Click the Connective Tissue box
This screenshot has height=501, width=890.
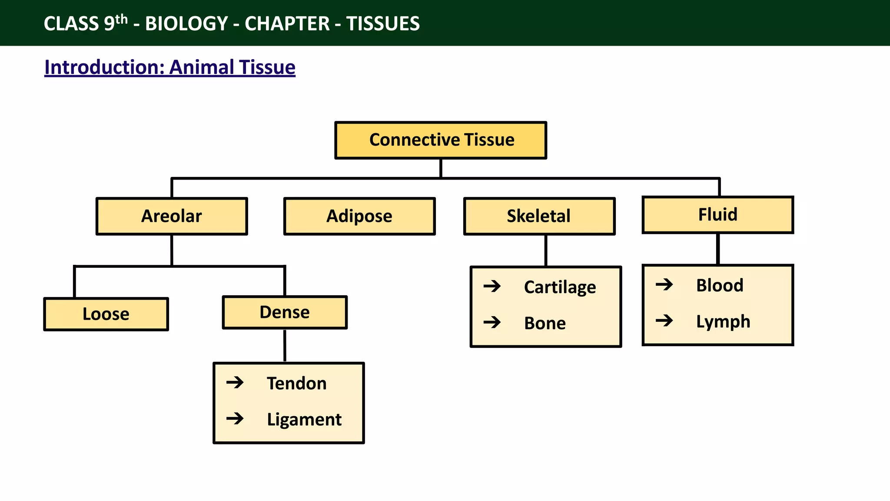[441, 140]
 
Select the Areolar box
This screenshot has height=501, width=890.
[172, 216]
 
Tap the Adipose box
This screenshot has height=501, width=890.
[359, 216]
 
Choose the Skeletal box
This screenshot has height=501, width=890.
[539, 216]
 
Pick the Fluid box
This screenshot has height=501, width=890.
[718, 215]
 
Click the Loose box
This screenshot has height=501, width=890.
[106, 314]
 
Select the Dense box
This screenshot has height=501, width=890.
[285, 312]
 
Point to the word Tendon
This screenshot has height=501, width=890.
[296, 383]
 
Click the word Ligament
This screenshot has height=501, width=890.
[304, 419]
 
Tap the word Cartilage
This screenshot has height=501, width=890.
[560, 287]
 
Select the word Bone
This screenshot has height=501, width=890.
[545, 323]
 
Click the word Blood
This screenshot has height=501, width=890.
[720, 285]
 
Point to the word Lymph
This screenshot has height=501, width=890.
[723, 321]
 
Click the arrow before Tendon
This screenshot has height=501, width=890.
[235, 383]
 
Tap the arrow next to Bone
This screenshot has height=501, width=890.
[492, 322]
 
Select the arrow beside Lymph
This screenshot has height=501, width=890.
[664, 321]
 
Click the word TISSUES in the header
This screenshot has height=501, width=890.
[383, 23]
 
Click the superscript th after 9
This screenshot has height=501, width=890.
[122, 19]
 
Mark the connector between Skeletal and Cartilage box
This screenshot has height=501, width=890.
[546, 250]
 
